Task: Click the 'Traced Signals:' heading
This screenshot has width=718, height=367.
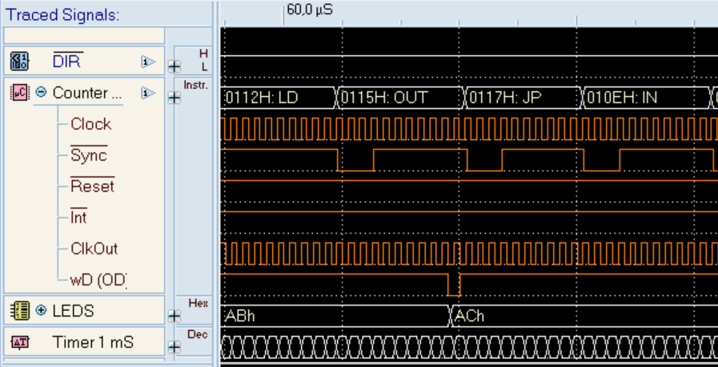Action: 62,14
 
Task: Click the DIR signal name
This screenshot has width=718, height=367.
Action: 68,61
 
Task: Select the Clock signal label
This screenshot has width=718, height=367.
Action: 90,124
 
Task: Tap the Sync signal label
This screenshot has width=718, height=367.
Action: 89,155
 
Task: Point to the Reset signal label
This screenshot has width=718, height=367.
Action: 93,185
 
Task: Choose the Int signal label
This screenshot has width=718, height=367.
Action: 78,217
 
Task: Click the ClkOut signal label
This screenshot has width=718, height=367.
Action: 94,249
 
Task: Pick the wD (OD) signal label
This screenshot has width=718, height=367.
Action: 98,280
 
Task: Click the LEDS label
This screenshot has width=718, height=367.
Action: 74,311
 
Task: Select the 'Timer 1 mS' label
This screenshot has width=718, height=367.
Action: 93,342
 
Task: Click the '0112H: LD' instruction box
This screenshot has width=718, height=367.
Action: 279,98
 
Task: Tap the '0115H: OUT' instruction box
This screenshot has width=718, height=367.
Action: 401,98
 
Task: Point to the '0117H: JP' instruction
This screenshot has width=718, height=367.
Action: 523,98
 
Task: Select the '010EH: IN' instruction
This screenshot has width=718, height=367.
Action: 646,98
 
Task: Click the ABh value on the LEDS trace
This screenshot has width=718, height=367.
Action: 240,316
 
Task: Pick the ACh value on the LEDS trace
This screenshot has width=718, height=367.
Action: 470,316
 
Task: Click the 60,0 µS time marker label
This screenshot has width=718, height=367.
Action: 310,10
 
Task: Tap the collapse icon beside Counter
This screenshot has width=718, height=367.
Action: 41,93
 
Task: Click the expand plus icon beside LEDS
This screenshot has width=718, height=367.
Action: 41,310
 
